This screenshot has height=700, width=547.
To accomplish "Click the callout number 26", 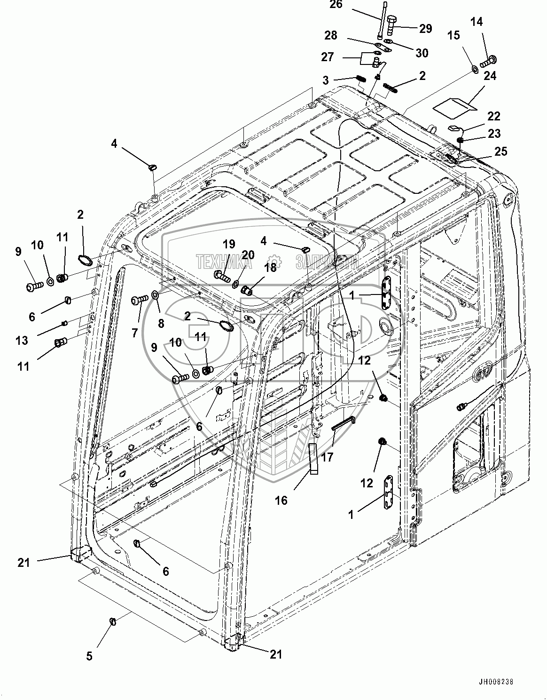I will (349, 5).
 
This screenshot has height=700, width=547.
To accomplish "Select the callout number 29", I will (425, 29).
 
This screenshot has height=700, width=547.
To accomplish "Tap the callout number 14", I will (477, 21).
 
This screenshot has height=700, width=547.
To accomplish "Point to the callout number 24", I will (490, 76).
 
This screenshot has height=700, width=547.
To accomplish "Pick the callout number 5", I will (90, 656).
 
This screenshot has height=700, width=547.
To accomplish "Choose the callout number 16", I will (281, 501).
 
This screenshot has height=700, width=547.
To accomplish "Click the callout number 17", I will (327, 456).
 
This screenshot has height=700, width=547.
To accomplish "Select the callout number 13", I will (22, 340).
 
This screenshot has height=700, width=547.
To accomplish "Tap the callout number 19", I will (229, 244).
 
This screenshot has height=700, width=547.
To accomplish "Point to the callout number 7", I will (135, 333).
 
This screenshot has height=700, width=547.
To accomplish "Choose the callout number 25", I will (501, 151).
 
